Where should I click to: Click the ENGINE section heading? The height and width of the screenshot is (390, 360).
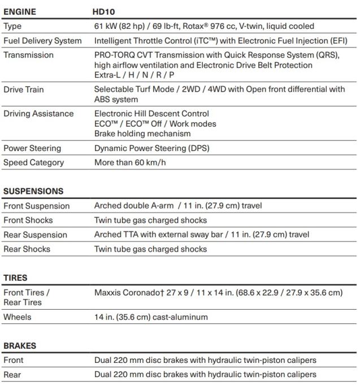click(20, 11)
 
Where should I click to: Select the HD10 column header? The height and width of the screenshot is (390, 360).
click(104, 11)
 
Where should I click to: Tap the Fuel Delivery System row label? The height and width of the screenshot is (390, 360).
click(42, 41)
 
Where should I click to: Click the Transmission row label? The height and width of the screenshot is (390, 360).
click(28, 55)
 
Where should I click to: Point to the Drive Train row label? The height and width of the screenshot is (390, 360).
click(23, 89)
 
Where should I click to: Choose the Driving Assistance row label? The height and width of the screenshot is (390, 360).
click(38, 114)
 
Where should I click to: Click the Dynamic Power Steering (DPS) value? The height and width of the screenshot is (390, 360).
click(151, 148)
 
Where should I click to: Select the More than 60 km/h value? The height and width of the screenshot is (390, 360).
click(130, 162)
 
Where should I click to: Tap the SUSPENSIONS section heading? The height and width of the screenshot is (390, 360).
click(33, 191)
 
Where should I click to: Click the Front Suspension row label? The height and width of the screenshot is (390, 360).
click(36, 206)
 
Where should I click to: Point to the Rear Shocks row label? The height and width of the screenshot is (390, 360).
click(27, 249)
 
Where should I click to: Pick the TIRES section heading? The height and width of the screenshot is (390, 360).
click(15, 278)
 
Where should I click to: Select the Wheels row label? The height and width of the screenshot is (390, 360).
click(17, 317)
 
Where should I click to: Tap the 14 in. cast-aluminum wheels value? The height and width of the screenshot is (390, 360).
click(151, 317)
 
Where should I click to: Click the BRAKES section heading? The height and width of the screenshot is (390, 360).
click(20, 345)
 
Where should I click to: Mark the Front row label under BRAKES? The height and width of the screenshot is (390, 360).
click(14, 360)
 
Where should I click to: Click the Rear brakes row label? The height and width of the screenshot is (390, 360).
click(12, 374)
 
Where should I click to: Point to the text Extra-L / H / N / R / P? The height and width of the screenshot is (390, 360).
click(134, 75)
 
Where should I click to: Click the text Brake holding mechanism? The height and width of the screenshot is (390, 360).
click(142, 133)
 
